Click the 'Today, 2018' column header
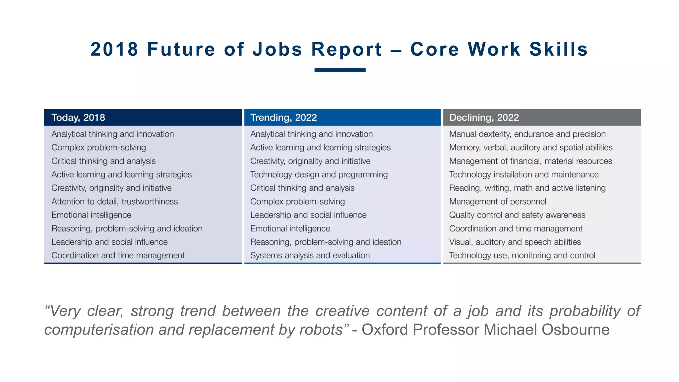[78, 117]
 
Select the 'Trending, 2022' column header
[283, 117]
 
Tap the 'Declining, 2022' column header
[484, 117]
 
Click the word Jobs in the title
[277, 49]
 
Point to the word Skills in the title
[558, 49]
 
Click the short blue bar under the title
[340, 70]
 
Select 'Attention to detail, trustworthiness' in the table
[114, 202]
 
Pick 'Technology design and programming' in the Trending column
[319, 175]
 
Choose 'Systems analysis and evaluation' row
[310, 256]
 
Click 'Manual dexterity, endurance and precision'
[527, 134]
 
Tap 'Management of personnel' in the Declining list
[497, 202]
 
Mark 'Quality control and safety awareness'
[517, 215]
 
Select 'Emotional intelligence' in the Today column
[91, 215]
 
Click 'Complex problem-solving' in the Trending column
[297, 202]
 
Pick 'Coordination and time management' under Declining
[516, 229]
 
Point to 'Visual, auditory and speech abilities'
[515, 242]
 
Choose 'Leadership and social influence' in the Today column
[109, 242]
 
